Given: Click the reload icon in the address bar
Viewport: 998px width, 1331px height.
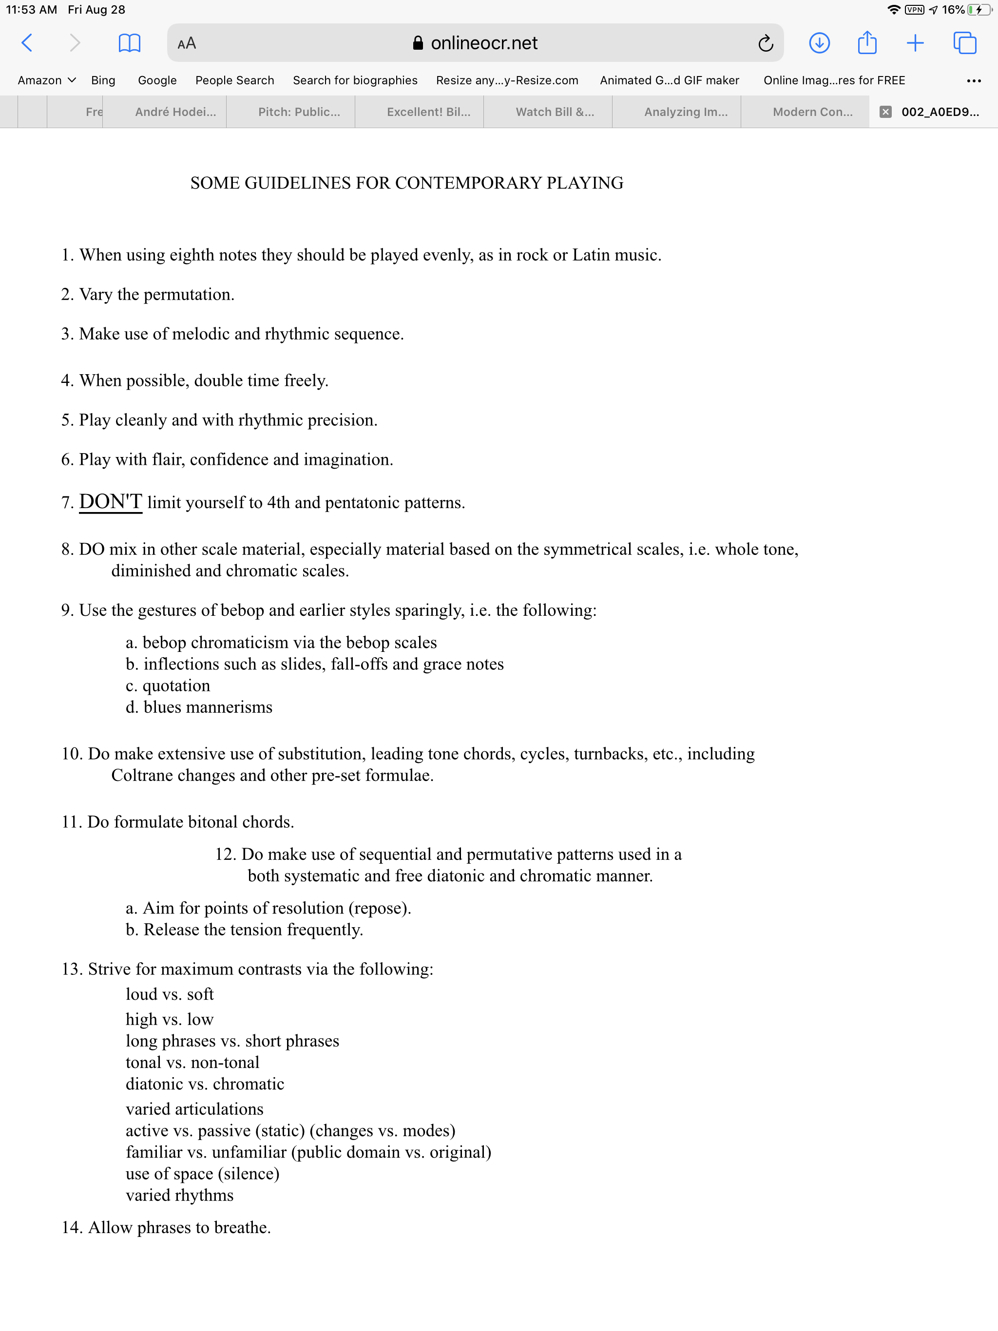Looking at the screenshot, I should tap(765, 43).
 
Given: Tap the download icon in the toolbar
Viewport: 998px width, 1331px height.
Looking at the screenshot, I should tap(819, 43).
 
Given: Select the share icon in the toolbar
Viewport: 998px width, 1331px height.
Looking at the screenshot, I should tap(867, 43).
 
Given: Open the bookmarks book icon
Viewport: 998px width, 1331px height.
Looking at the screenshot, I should tap(130, 43).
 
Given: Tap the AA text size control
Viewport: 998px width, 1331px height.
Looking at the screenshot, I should tap(187, 43).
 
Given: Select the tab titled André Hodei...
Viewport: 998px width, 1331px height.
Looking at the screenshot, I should tap(175, 112).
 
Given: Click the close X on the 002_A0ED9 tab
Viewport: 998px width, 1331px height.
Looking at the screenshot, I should tap(885, 112).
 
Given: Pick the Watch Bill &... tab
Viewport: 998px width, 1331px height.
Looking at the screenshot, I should tap(555, 112).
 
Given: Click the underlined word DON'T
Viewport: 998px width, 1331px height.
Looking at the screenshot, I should tap(111, 502).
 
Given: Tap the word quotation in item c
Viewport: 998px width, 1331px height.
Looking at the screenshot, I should tap(176, 686).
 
